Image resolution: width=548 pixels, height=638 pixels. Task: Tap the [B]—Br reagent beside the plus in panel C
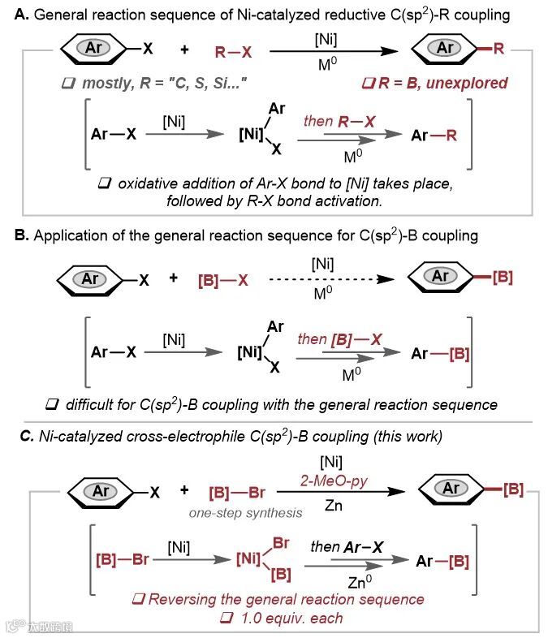tap(235, 491)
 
